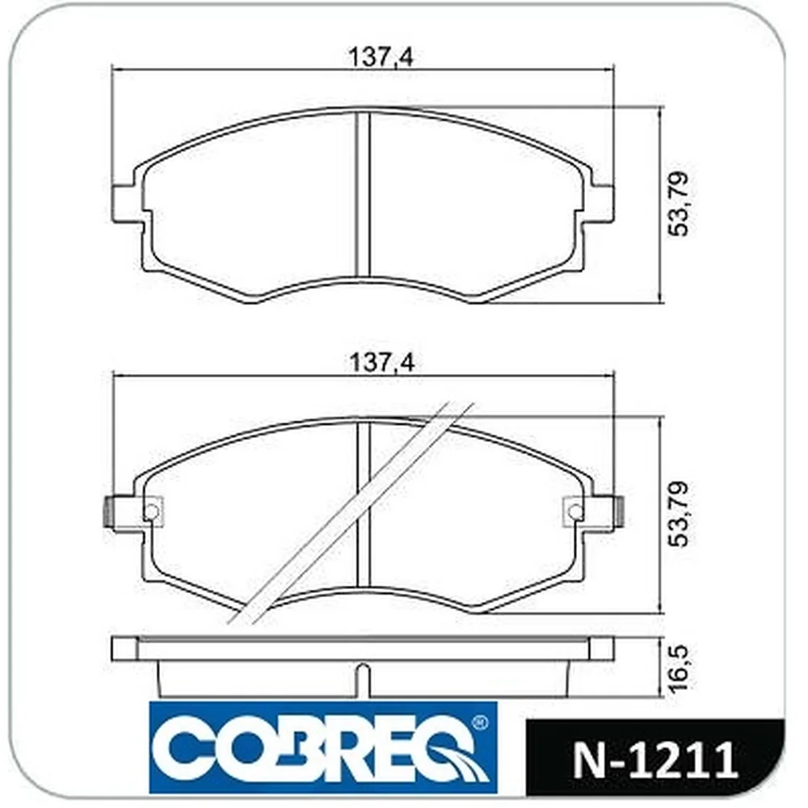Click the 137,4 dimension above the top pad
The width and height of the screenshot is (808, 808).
[381, 57]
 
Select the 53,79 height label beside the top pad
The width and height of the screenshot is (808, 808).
[678, 204]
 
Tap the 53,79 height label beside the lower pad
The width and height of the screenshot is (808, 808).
[678, 514]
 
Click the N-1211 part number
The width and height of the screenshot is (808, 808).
[655, 760]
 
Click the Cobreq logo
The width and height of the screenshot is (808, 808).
[323, 747]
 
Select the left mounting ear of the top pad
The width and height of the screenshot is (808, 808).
[126, 204]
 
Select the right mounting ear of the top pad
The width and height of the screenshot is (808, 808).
[600, 204]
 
